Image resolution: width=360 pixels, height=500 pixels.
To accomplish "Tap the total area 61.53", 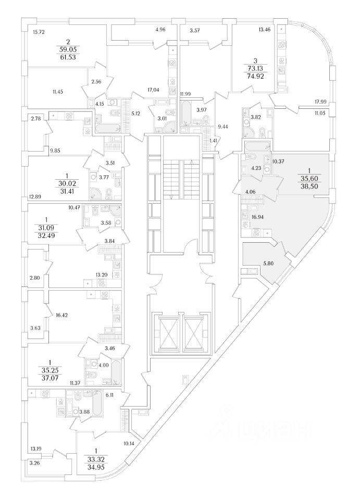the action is (68, 56).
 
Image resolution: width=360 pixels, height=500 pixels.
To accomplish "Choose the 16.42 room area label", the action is (61, 315).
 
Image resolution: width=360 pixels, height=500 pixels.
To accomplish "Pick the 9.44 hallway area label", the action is (223, 126).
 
